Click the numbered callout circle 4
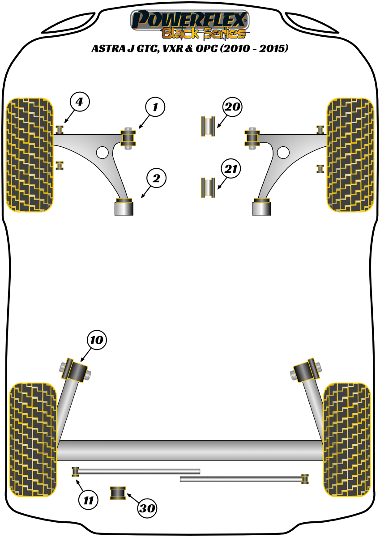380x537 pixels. pos(79,102)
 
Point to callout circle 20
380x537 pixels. pos(232,107)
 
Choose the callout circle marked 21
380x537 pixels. pos(231,169)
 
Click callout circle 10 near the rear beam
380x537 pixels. pos(97,341)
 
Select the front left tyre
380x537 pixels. pos(30,154)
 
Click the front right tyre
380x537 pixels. pos(350,154)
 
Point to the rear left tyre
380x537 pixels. pos(34,439)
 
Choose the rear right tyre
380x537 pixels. pos(347,439)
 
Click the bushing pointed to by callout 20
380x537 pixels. pos(208,126)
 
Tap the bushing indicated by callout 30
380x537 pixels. pos(119,493)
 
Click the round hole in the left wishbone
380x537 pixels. pos(102,152)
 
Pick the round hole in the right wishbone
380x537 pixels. pos(283,153)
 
